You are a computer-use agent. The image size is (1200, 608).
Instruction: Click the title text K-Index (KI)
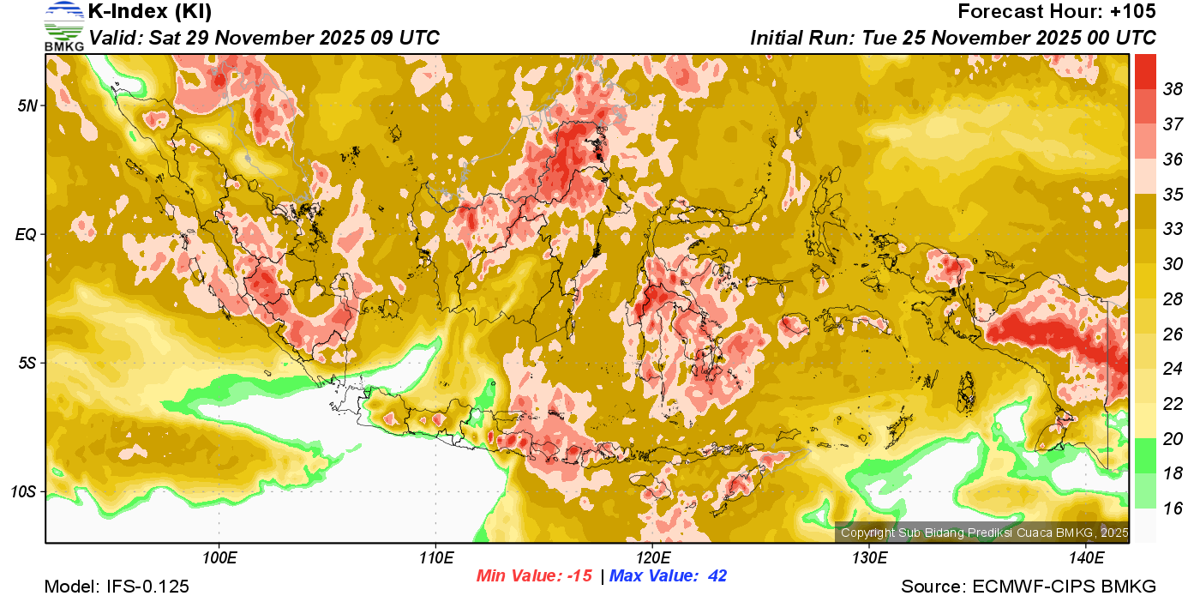click(x=150, y=12)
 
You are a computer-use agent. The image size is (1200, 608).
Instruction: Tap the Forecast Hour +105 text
click(x=1057, y=12)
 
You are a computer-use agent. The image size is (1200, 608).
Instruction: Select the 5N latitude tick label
click(x=28, y=105)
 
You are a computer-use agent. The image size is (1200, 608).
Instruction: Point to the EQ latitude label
click(x=27, y=234)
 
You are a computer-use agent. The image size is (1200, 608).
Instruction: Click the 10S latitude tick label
click(x=25, y=492)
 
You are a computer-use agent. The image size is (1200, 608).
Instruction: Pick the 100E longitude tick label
click(x=219, y=558)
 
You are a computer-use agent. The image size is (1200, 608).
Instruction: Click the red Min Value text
click(x=534, y=576)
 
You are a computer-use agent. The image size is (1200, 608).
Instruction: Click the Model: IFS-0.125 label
click(x=117, y=587)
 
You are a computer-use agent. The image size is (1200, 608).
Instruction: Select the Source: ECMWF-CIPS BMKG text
click(x=1029, y=587)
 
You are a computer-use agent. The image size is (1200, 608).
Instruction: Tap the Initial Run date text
click(x=953, y=38)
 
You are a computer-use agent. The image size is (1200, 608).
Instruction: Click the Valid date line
click(x=265, y=38)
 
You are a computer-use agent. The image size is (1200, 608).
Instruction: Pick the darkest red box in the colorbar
click(x=1145, y=72)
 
